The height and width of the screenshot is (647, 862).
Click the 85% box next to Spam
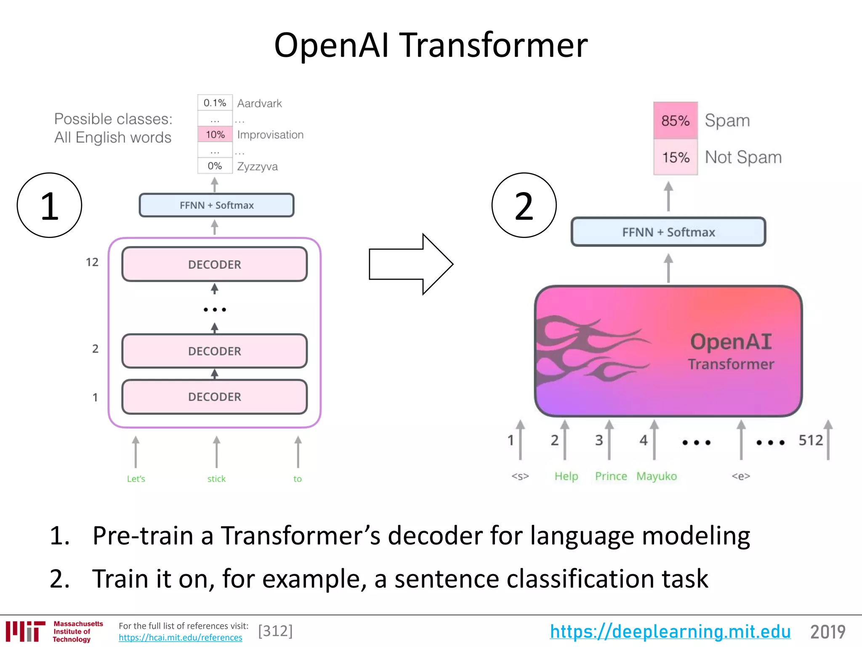(x=675, y=120)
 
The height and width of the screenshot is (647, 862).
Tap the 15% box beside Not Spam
(x=675, y=157)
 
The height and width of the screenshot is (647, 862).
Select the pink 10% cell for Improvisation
(x=215, y=135)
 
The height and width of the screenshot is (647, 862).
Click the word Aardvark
(x=259, y=103)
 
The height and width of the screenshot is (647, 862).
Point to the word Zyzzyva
(x=257, y=166)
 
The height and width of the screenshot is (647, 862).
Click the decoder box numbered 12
(x=214, y=265)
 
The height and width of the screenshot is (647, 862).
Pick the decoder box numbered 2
(x=214, y=351)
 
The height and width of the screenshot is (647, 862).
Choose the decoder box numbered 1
(x=214, y=397)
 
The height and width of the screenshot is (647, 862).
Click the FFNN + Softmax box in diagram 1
(x=216, y=205)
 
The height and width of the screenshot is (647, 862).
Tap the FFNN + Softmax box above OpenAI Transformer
(x=668, y=232)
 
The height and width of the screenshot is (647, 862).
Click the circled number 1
(x=49, y=206)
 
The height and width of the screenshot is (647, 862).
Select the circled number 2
(x=524, y=206)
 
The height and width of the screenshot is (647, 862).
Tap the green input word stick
(x=216, y=479)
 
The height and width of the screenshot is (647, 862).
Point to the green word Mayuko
(x=656, y=476)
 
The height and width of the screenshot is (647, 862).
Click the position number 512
(x=811, y=440)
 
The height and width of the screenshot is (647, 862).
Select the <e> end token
(x=741, y=476)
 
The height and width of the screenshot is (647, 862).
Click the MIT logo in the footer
(x=25, y=631)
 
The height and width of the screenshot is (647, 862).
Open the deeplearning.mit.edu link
(x=670, y=631)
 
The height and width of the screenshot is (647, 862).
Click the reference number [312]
(x=275, y=631)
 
